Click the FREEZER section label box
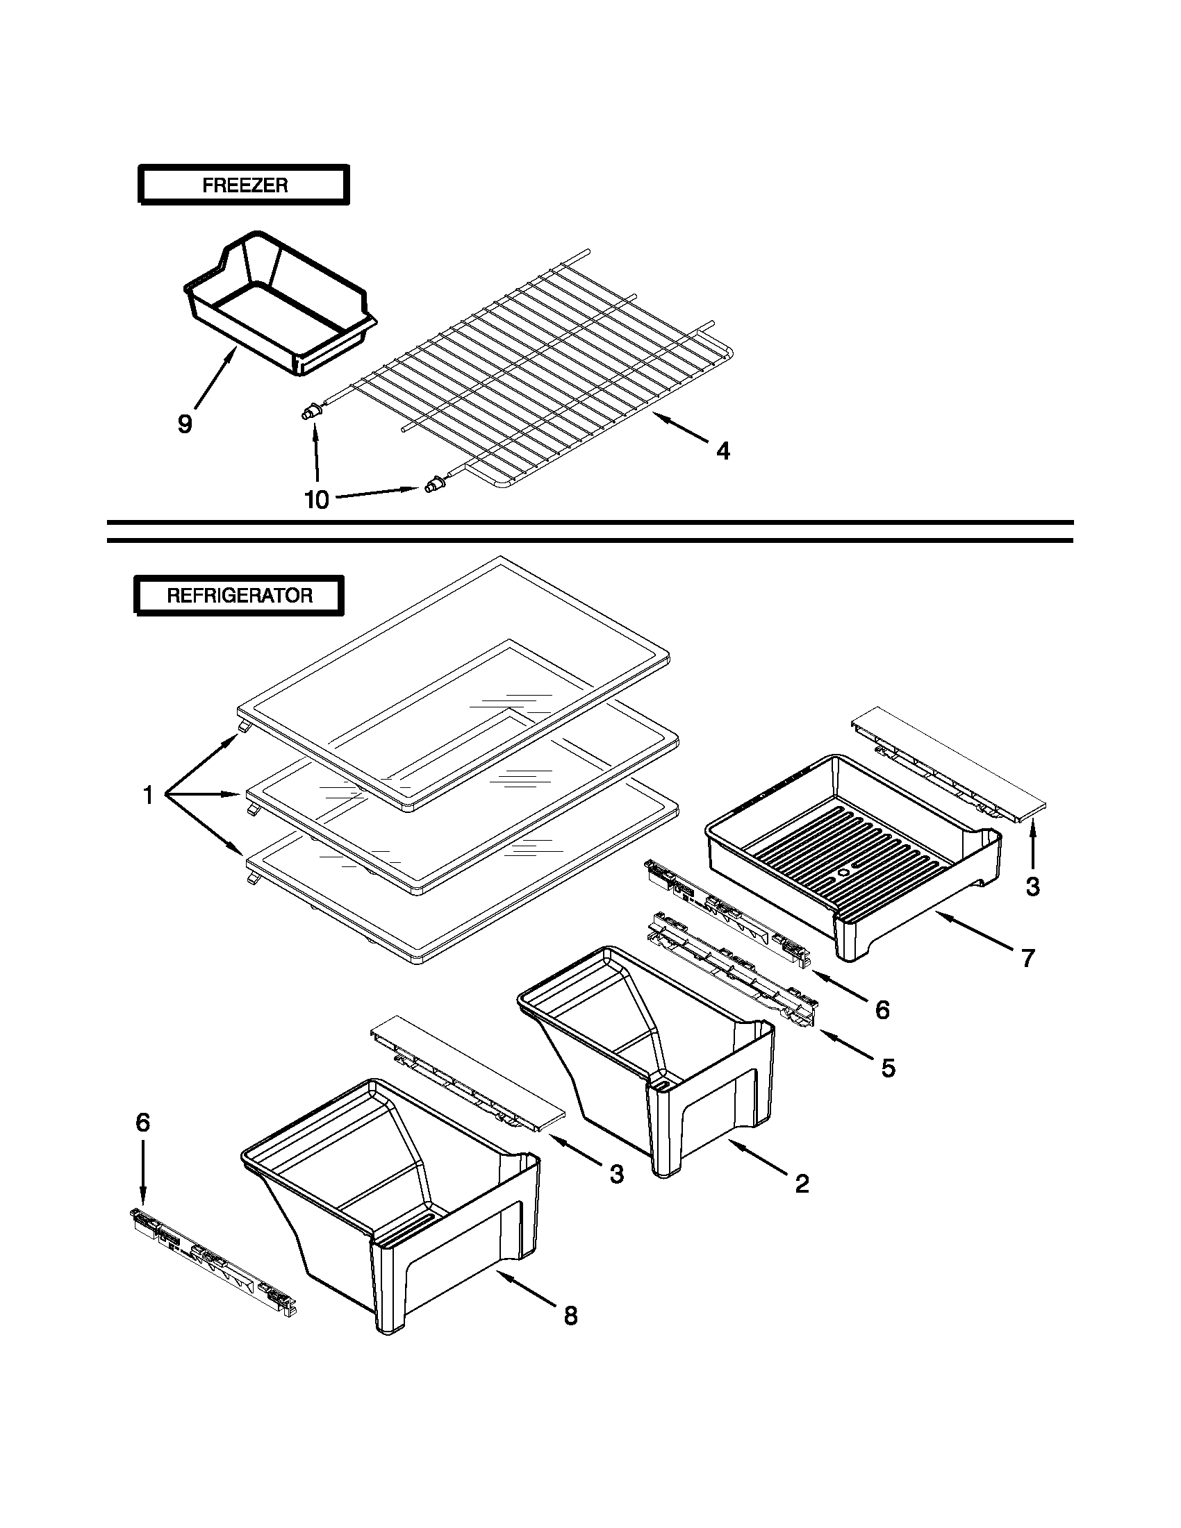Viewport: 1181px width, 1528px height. [x=244, y=185]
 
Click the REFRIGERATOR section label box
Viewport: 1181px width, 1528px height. [x=240, y=596]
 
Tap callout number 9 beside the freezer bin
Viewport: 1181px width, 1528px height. [x=184, y=424]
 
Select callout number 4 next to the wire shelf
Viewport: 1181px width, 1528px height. [x=723, y=451]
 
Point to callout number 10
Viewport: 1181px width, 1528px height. [x=316, y=501]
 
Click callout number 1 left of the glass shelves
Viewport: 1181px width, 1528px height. [x=148, y=795]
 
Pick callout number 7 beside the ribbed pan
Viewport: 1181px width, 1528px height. [x=1027, y=958]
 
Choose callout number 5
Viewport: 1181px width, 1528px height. [x=888, y=1068]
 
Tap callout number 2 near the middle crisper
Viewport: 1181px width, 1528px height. [x=802, y=1184]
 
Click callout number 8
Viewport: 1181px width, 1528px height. [x=570, y=1316]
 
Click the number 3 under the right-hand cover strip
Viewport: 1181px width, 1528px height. [x=1032, y=887]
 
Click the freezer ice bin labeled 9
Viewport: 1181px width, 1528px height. [x=280, y=308]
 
